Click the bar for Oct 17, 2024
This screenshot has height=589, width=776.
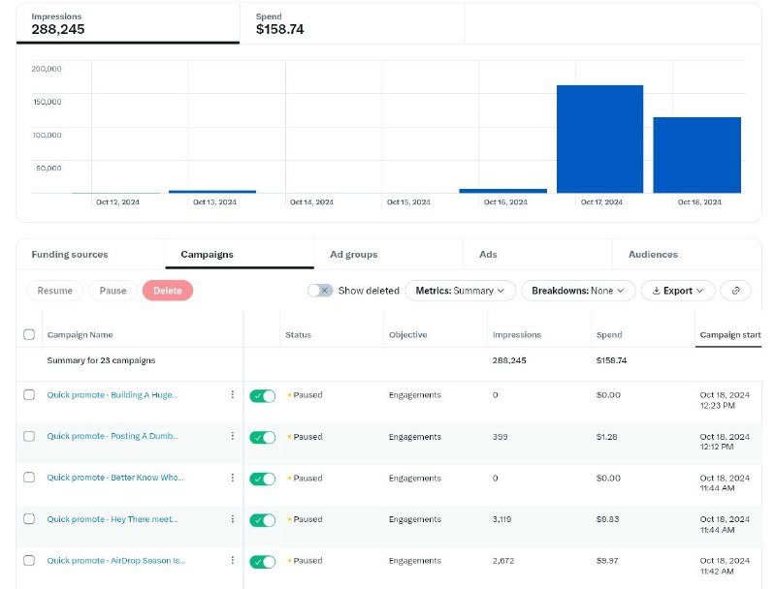599,139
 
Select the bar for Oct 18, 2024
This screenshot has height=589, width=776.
696,155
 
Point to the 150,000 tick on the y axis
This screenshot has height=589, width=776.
47,102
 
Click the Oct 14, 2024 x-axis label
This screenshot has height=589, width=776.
311,202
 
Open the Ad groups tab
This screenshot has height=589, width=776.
353,255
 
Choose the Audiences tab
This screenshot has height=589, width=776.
653,255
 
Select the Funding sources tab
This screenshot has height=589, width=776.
70,255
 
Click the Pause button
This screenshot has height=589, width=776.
113,291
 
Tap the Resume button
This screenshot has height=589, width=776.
55,291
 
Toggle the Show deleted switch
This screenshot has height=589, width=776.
320,291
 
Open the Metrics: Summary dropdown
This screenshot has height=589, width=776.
460,291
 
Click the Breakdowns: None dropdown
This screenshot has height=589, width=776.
578,291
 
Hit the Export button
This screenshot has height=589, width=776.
678,291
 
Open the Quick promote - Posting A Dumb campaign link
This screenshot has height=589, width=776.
113,436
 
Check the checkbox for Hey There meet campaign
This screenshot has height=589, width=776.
29,519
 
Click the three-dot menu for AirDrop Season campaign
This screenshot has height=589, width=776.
233,560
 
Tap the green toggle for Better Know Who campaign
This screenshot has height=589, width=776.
262,479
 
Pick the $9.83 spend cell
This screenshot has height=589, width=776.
608,519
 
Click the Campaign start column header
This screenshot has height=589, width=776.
730,335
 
